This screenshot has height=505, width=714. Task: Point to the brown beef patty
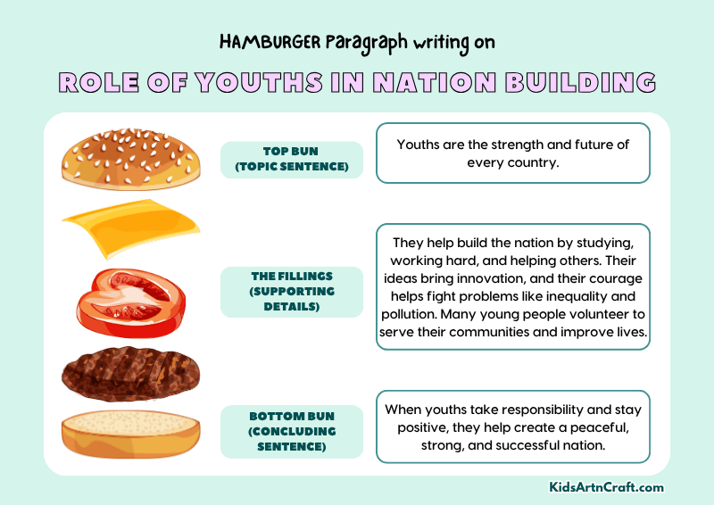[130, 374]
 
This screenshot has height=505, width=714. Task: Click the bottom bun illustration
[130, 435]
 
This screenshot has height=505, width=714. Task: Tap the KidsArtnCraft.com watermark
[606, 487]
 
